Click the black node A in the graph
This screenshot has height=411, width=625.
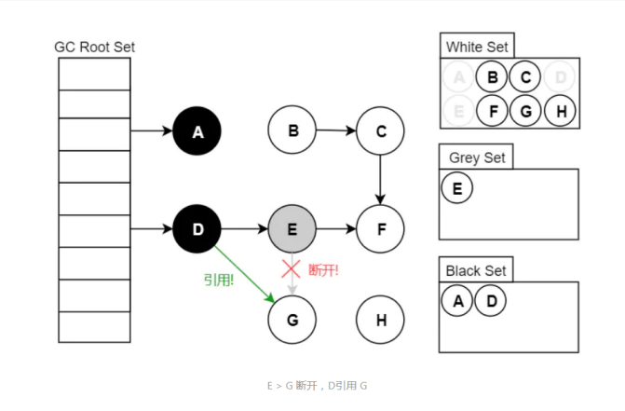click(x=197, y=132)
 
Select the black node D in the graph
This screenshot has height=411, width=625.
click(x=197, y=228)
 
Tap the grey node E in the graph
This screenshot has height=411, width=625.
click(x=292, y=228)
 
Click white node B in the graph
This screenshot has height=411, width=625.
click(x=292, y=131)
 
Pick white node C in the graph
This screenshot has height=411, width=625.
click(x=380, y=132)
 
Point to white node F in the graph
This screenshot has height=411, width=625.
click(x=380, y=228)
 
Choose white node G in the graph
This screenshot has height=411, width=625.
click(x=292, y=321)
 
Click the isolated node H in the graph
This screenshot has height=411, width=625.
click(x=380, y=321)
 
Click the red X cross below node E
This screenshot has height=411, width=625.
click(x=292, y=270)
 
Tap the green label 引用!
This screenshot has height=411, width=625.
click(x=219, y=279)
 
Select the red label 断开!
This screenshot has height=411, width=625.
click(x=323, y=270)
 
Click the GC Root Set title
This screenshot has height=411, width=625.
click(x=94, y=47)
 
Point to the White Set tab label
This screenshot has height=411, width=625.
click(x=476, y=47)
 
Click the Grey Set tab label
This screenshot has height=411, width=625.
click(x=476, y=158)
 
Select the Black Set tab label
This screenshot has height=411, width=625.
click(x=476, y=270)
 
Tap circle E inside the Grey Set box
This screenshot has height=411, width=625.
click(x=457, y=187)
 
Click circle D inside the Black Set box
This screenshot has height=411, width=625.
click(x=490, y=300)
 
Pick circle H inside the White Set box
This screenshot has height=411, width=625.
click(x=560, y=111)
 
